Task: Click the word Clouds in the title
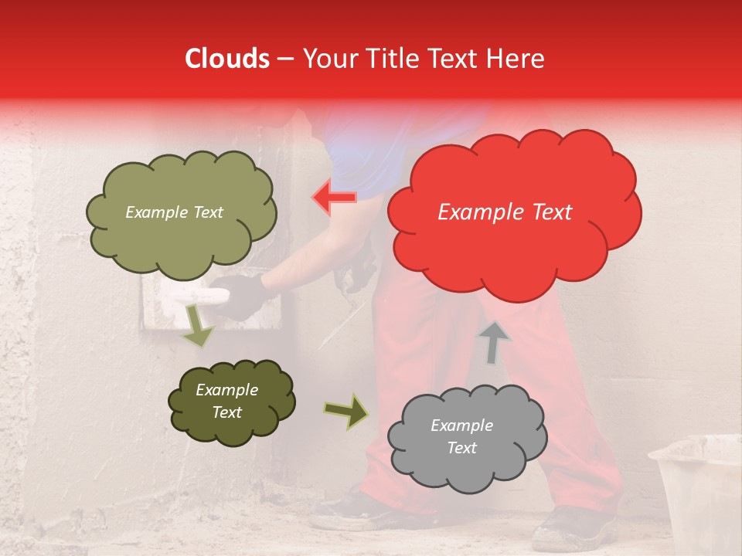[x=227, y=59]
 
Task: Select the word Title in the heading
[x=391, y=59]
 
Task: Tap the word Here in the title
[x=516, y=59]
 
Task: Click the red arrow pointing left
[x=334, y=198]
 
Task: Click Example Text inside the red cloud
[x=505, y=212]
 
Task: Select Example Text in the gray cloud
[x=461, y=436]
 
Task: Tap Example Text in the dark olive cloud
[x=226, y=401]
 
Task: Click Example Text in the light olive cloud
[x=174, y=212]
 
